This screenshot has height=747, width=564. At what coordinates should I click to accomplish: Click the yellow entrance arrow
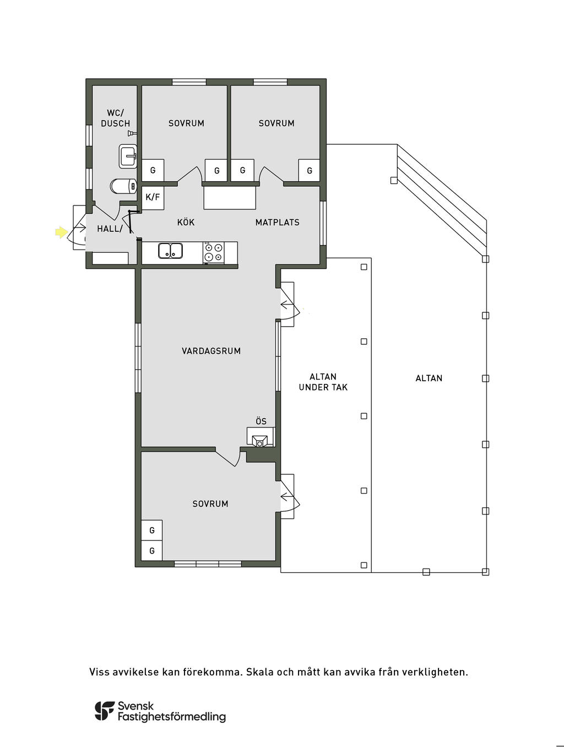pos(61,232)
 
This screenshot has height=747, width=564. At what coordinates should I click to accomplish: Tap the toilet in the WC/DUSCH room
pos(123,186)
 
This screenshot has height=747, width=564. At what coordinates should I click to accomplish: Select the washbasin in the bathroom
pos(128,156)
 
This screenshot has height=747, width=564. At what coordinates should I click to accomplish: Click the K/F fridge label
pos(153,197)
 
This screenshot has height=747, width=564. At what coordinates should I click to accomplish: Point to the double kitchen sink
pos(170,251)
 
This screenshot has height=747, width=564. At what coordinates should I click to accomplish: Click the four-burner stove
pos(214,252)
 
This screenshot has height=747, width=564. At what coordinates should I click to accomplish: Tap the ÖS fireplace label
pos(261,421)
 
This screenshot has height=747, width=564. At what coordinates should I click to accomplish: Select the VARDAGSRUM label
pos(211,351)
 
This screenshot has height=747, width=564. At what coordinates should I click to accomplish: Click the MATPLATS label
pos(278,222)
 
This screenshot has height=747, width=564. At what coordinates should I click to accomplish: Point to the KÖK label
pos(186,222)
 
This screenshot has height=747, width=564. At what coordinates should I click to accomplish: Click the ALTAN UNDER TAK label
pos(323,382)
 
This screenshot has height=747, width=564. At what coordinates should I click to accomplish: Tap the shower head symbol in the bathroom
pos(132,133)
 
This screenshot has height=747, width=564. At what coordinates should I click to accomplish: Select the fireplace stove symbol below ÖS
pos(260,441)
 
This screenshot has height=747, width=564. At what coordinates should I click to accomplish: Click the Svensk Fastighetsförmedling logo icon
pos(105,711)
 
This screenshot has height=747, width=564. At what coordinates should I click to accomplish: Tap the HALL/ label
pos(110,229)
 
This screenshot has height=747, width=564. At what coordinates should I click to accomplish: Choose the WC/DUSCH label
pos(116,118)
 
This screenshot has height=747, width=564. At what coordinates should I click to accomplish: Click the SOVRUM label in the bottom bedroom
pos(210,504)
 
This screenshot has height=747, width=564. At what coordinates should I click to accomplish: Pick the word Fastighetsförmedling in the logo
pos(172,717)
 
